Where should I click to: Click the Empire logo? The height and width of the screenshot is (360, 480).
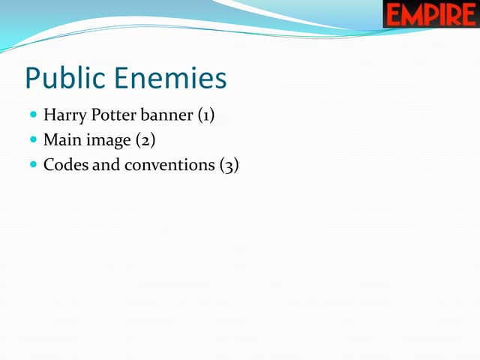click(430, 14)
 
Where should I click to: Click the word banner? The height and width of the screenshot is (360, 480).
click(166, 115)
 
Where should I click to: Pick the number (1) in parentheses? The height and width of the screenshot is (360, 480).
click(206, 116)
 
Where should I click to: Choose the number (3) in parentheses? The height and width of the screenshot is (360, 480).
click(229, 165)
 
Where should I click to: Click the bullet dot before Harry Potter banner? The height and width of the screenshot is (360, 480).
click(33, 116)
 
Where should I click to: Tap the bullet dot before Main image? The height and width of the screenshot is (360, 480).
click(33, 140)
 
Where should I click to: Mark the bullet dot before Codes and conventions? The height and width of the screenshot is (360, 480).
click(33, 164)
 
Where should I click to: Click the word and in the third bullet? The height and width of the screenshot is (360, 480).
click(106, 164)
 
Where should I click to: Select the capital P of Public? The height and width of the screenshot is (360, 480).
click(32, 79)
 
